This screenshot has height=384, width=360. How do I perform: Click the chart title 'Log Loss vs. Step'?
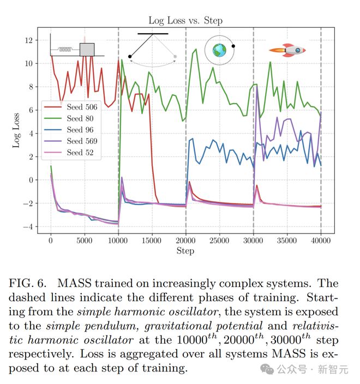[185, 21]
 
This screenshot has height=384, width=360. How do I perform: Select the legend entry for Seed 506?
[82, 107]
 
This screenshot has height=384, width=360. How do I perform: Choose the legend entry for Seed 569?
[82, 141]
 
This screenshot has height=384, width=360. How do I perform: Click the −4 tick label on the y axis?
[29, 227]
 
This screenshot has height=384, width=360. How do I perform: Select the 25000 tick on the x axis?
[219, 241]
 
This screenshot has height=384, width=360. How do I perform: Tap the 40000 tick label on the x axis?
[321, 241]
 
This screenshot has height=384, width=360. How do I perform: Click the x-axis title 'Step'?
[185, 251]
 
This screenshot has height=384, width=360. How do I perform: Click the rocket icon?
[287, 51]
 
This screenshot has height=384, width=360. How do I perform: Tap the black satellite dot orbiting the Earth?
[233, 46]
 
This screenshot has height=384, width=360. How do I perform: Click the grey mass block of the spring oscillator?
[87, 50]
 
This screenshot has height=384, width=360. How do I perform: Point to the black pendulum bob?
[130, 56]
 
